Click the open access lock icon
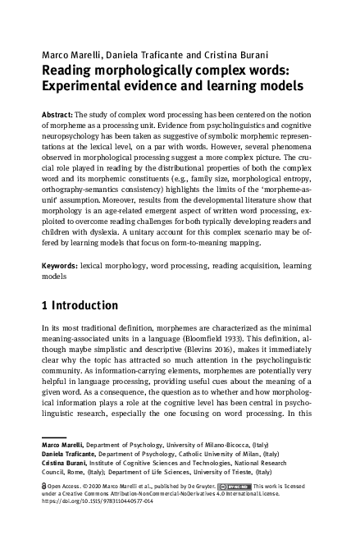43,486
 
